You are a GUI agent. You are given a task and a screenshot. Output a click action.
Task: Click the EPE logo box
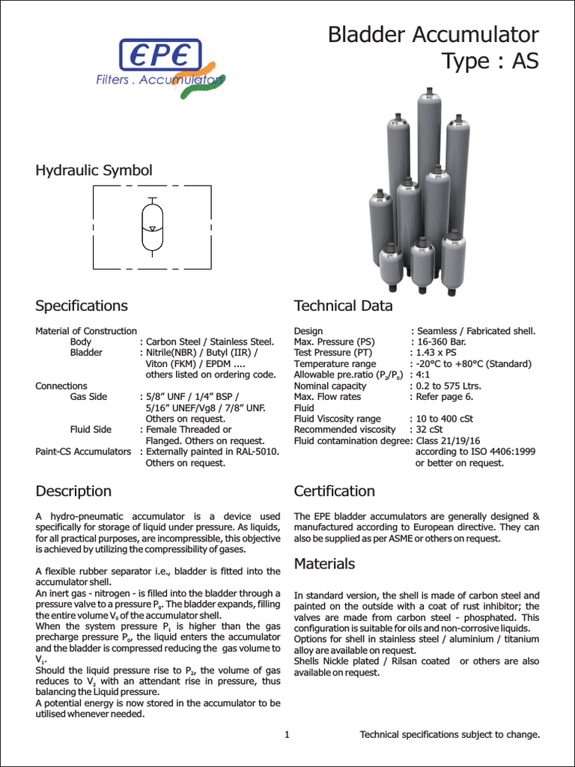pyautogui.click(x=159, y=54)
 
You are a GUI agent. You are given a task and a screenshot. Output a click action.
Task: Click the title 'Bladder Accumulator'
pyautogui.click(x=433, y=34)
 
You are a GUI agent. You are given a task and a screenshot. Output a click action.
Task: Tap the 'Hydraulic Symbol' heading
pyautogui.click(x=94, y=170)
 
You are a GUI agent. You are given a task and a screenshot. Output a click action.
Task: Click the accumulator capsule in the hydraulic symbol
pyautogui.click(x=151, y=225)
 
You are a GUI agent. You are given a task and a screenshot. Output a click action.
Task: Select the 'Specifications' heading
pyautogui.click(x=82, y=306)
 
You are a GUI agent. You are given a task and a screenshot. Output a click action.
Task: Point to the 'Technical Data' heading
pyautogui.click(x=343, y=306)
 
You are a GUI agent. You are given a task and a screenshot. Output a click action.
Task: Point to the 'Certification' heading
pyautogui.click(x=334, y=491)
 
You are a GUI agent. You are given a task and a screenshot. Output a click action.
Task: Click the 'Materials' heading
pyautogui.click(x=324, y=563)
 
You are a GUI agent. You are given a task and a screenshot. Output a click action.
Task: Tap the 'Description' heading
pyautogui.click(x=73, y=491)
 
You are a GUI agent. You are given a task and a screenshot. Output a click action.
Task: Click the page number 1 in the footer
pyautogui.click(x=287, y=735)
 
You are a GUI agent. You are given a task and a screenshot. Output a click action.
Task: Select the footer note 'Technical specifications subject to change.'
pyautogui.click(x=449, y=735)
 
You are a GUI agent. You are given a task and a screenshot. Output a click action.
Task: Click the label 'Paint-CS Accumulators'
pyautogui.click(x=83, y=452)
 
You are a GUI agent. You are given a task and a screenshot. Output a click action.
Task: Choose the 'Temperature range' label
pyautogui.click(x=335, y=364)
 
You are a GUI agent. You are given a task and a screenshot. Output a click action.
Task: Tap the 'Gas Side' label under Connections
pyautogui.click(x=88, y=397)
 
